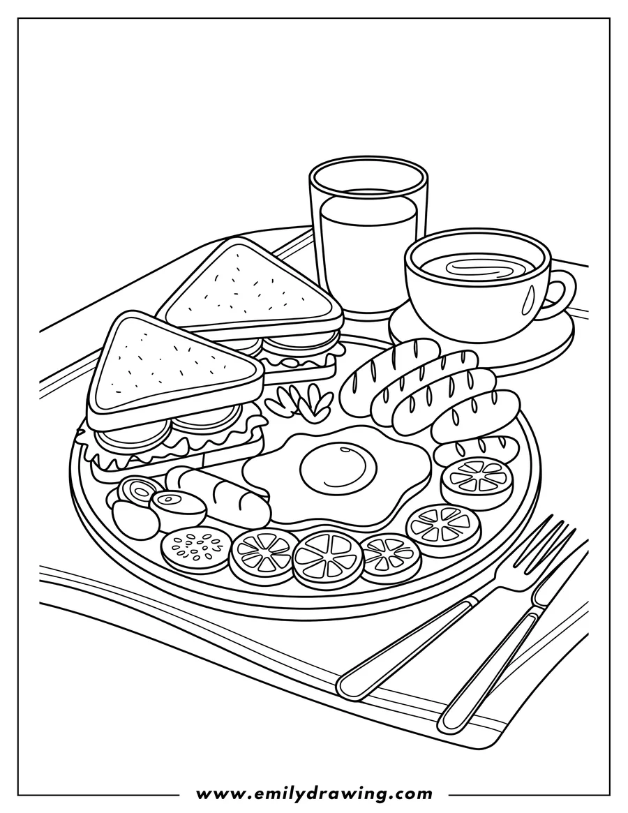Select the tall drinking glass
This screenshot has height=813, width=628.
[x=368, y=237]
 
